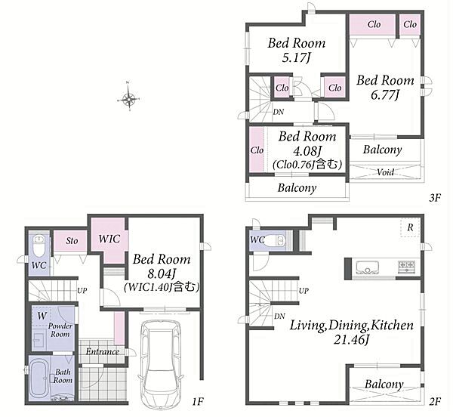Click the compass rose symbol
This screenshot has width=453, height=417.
[129, 99]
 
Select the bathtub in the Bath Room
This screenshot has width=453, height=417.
[40, 378]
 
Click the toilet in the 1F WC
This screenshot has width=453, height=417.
[39, 245]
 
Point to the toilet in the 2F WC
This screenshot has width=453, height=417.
[275, 240]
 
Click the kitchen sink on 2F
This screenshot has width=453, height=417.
[368, 267]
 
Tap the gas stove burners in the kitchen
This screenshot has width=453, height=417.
[407, 267]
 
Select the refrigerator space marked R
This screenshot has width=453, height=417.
[410, 227]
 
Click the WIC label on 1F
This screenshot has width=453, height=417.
[109, 239]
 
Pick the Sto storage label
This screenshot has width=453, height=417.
[72, 241]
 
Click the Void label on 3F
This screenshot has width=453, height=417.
[385, 172]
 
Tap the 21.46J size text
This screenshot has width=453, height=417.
[352, 340]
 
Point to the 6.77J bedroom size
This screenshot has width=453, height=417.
[385, 94]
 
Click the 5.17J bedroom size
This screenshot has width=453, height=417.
[297, 58]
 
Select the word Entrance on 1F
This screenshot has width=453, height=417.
[103, 352]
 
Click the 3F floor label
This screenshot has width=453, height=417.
[435, 198]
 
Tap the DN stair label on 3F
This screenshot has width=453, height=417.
[279, 112]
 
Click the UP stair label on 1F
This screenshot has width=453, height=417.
[82, 290]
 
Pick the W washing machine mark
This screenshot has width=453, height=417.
[42, 316]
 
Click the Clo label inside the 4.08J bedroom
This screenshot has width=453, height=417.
[257, 150]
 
